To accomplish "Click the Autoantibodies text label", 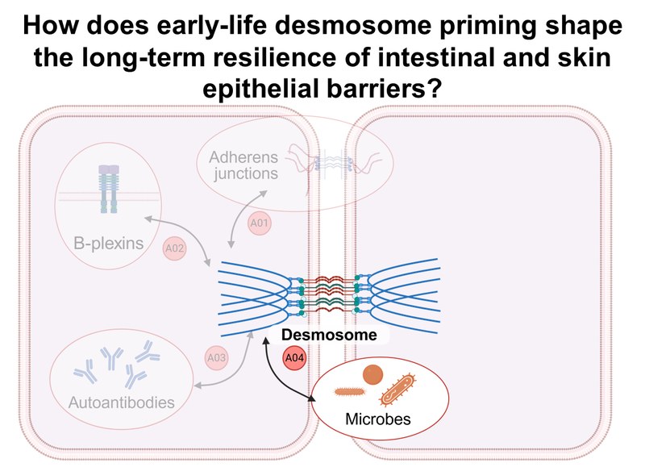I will [x=121, y=400].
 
